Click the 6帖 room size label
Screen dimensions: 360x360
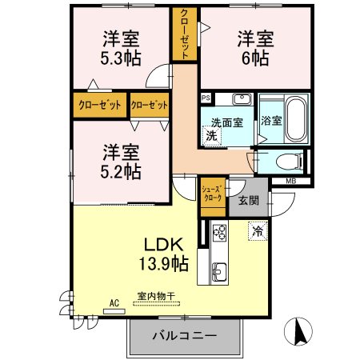coord(255,58)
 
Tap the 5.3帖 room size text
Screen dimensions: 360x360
coord(121,58)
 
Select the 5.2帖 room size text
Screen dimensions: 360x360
coord(121,171)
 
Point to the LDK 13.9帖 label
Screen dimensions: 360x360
coord(164,254)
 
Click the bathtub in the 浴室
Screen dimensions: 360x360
coord(296,118)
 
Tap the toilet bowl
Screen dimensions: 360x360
coord(290,162)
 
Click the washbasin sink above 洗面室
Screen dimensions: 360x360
coord(242,99)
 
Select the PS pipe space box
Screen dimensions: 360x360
coord(206,98)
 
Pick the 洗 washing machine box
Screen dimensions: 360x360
coord(212,136)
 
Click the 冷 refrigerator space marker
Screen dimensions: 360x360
coord(258,231)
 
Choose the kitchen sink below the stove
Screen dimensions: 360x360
coord(219,272)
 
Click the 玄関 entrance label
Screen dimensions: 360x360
coord(249,201)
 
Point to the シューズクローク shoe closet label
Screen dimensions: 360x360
coord(212,194)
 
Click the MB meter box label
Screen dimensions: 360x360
coord(291,182)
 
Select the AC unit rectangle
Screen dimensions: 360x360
coord(114,311)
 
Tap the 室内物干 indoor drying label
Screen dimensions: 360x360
coord(156,296)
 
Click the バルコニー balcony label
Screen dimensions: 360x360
coord(184,335)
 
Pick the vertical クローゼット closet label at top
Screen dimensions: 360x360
coord(185,34)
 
